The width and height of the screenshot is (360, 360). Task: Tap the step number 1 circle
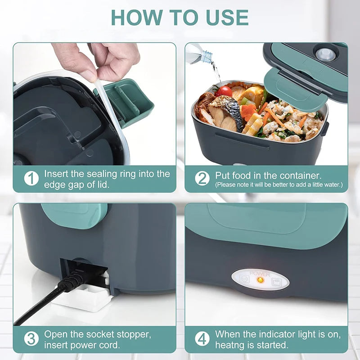pos(31,179)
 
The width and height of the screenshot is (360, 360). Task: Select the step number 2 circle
pos(202,179)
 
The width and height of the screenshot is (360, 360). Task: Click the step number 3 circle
pos(31,339)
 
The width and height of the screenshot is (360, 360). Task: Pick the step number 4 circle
pos(202,339)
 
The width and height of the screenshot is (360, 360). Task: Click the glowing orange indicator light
pos(260,280)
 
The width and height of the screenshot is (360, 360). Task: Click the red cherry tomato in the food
pos(224,91)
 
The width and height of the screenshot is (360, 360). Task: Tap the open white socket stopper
pos(83,297)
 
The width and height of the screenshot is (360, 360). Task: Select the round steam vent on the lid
pos(325,55)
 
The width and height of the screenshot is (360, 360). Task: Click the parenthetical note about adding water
pos(279,184)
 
